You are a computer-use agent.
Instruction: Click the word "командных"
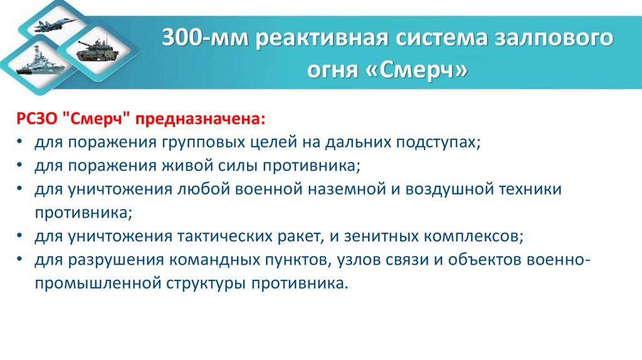pos(267,260)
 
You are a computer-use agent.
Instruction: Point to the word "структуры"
pos(206,283)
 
